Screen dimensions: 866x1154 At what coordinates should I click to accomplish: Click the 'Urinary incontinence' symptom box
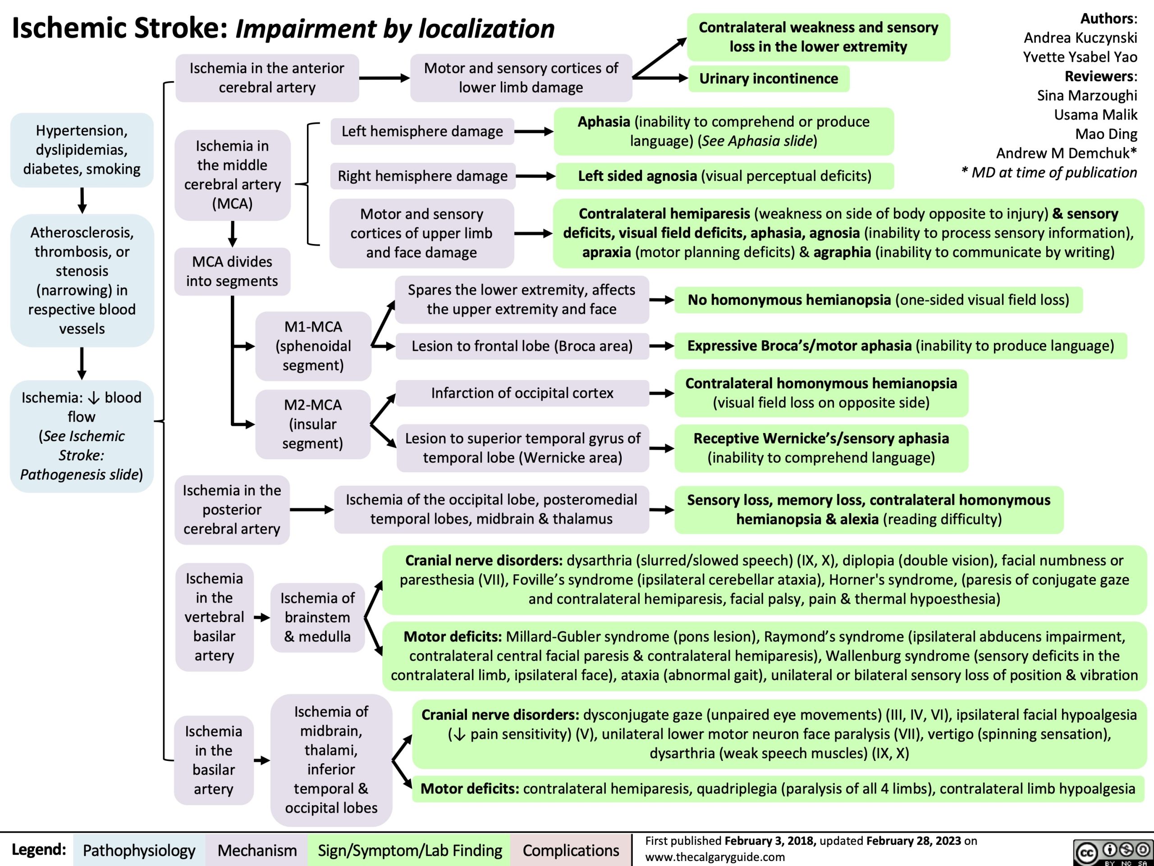pos(769,79)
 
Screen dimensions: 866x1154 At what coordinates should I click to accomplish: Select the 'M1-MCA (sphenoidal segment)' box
pos(313,345)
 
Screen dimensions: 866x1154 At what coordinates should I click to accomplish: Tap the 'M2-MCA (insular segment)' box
pos(313,424)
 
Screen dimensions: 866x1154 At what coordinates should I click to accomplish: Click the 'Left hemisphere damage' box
pos(422,131)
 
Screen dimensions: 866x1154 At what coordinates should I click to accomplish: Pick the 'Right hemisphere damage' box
pos(422,176)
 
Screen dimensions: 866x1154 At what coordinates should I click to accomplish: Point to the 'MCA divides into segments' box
pos(232,272)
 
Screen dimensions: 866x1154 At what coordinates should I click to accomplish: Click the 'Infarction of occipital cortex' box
pos(522,393)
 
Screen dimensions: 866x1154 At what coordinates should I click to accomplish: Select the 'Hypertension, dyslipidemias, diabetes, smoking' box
pos(82,150)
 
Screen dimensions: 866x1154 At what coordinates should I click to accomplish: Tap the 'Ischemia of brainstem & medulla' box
pos(317,617)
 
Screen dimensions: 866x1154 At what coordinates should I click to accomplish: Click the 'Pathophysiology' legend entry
pos(139,850)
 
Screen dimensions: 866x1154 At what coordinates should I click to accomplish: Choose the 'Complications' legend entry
pos(571,850)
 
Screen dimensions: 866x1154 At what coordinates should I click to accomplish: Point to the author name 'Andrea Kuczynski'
pos(1080,37)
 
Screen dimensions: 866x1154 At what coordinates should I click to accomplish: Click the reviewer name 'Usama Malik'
pos(1095,114)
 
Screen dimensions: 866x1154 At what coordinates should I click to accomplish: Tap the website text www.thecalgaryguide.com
pos(715,857)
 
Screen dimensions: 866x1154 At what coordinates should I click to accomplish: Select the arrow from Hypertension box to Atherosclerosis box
pos(82,200)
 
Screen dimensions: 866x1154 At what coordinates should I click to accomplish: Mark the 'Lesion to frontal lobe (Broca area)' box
pos(522,346)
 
